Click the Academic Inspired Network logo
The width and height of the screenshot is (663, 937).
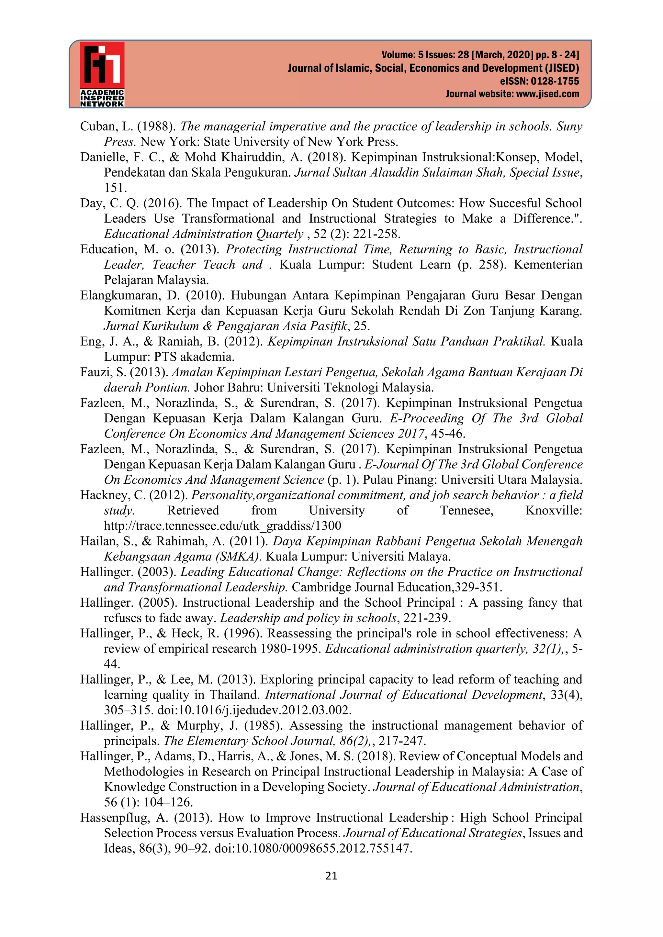[x=102, y=74]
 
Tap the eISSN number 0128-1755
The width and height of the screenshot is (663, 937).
[x=555, y=81]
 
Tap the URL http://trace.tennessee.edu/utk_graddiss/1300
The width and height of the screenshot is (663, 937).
[x=222, y=526]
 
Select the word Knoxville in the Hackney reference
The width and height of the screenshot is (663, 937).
[x=553, y=511]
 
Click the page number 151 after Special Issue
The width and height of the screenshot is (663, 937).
[x=116, y=188]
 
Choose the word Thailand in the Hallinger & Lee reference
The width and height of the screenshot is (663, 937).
[x=234, y=695]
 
